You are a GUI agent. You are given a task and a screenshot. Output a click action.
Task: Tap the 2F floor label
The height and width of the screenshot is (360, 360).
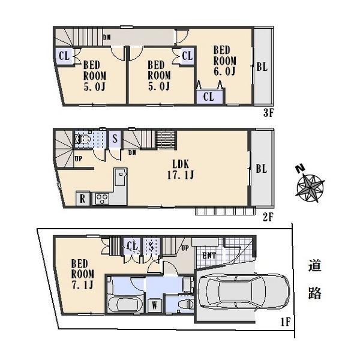(268, 218)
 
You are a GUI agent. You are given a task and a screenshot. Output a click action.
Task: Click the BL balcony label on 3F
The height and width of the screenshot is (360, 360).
(262, 67)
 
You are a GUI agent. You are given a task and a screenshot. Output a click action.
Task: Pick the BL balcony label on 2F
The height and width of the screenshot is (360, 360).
(261, 169)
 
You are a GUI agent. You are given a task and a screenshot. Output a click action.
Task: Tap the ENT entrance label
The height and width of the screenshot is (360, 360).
(210, 256)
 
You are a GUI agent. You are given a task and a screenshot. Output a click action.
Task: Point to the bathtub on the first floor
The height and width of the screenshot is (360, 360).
(125, 303)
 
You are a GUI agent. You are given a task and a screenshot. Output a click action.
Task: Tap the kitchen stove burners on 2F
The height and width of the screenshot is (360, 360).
(100, 199)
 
